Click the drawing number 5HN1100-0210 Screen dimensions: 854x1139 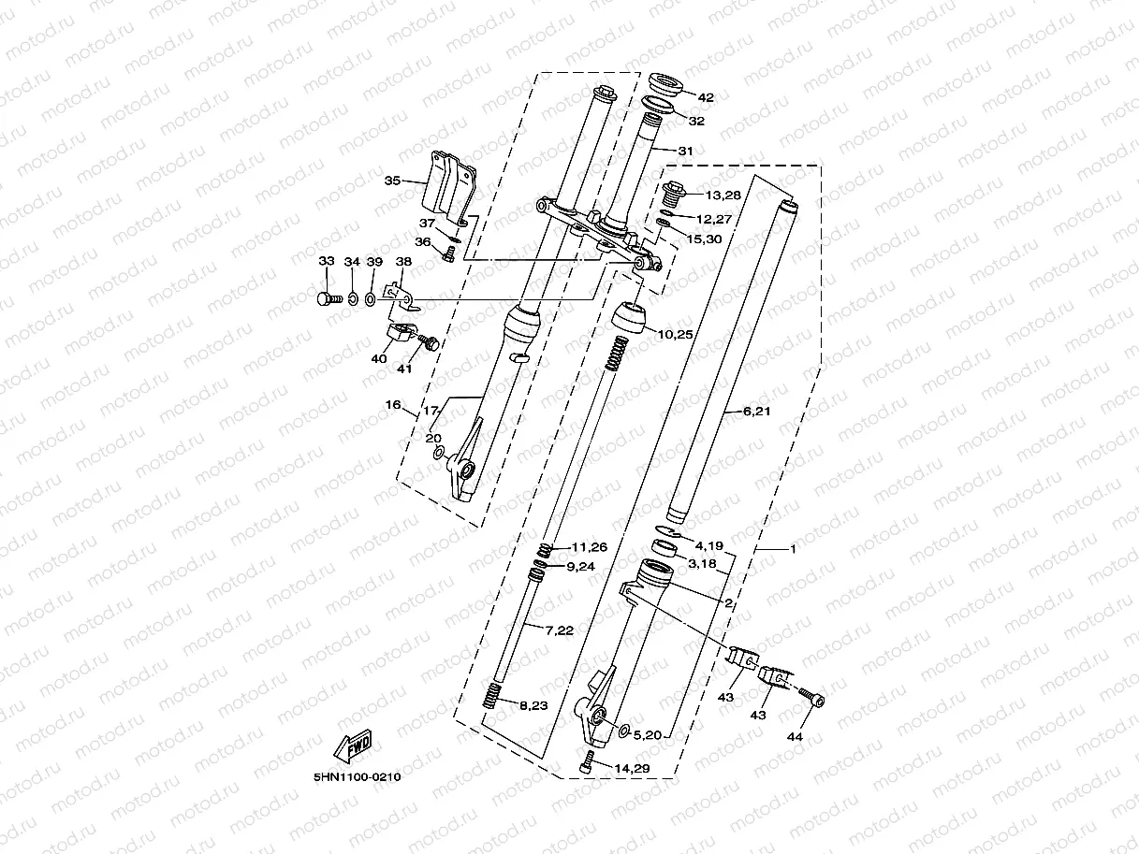[x=357, y=776]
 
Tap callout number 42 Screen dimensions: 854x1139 [x=706, y=97]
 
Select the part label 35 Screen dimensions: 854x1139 [x=392, y=180]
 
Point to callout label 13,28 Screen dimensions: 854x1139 [x=723, y=195]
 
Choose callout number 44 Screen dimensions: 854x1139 [x=795, y=737]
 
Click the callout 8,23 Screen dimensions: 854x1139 [x=533, y=705]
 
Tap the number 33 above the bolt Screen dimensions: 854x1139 [x=326, y=261]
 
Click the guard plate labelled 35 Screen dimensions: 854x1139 [x=449, y=193]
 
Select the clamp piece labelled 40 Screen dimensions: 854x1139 [x=400, y=332]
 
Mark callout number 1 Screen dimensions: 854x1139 [x=793, y=549]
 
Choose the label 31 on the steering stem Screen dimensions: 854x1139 [x=685, y=151]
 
